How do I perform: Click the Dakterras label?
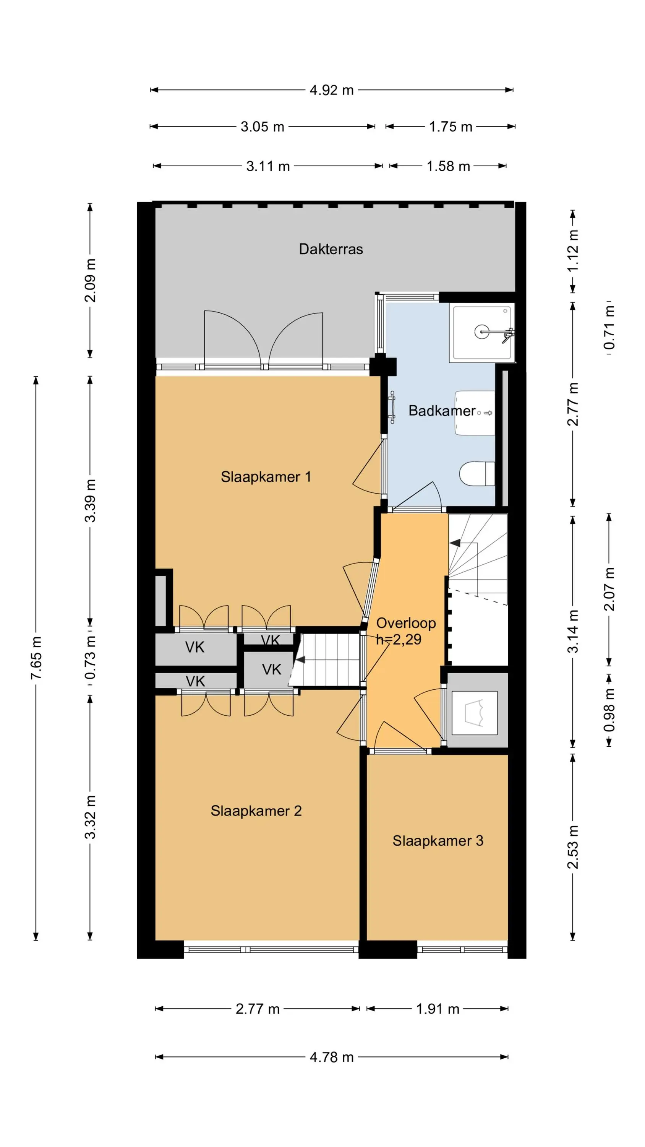point(331,249)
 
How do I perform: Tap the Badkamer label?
point(442,411)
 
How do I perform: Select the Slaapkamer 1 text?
point(266,477)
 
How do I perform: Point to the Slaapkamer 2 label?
point(256,811)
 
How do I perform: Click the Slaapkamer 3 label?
point(438,841)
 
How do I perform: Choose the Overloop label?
point(406,623)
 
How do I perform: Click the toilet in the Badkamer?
point(477,474)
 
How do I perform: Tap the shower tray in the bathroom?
point(481,333)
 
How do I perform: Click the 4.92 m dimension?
point(332,90)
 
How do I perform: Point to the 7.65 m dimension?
point(36,658)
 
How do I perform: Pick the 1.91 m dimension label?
point(438,1009)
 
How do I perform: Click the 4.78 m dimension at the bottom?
point(332,1057)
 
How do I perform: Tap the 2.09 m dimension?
point(90,280)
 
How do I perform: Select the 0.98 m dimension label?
point(609,710)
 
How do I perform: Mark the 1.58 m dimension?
point(448,166)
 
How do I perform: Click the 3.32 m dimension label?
point(90,817)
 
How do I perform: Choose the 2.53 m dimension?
point(573,847)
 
